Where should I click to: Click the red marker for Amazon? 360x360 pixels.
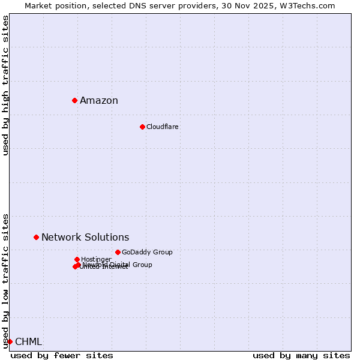coord(74,100)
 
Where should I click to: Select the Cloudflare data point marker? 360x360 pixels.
coord(142,127)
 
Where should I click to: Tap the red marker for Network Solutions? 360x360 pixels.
coord(36,237)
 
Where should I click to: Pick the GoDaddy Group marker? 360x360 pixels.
coord(118,252)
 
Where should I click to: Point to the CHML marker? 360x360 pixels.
coord(10,341)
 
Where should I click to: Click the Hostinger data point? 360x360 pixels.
coord(77,259)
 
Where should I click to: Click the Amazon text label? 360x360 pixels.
coord(99,101)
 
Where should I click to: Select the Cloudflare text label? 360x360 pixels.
coord(163,127)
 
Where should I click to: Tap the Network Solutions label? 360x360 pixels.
coord(85,238)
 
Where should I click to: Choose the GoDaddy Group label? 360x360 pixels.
coord(147,253)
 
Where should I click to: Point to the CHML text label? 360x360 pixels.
coord(28,342)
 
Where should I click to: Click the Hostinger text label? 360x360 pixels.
coord(96,259)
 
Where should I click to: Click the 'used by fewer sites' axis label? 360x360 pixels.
coord(62,355)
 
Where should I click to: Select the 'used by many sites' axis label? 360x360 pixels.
coord(301,355)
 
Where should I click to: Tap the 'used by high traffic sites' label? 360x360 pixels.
coord(5,85)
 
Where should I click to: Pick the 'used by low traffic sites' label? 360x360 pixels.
coord(5,280)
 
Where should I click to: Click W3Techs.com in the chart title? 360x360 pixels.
coord(310,5)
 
